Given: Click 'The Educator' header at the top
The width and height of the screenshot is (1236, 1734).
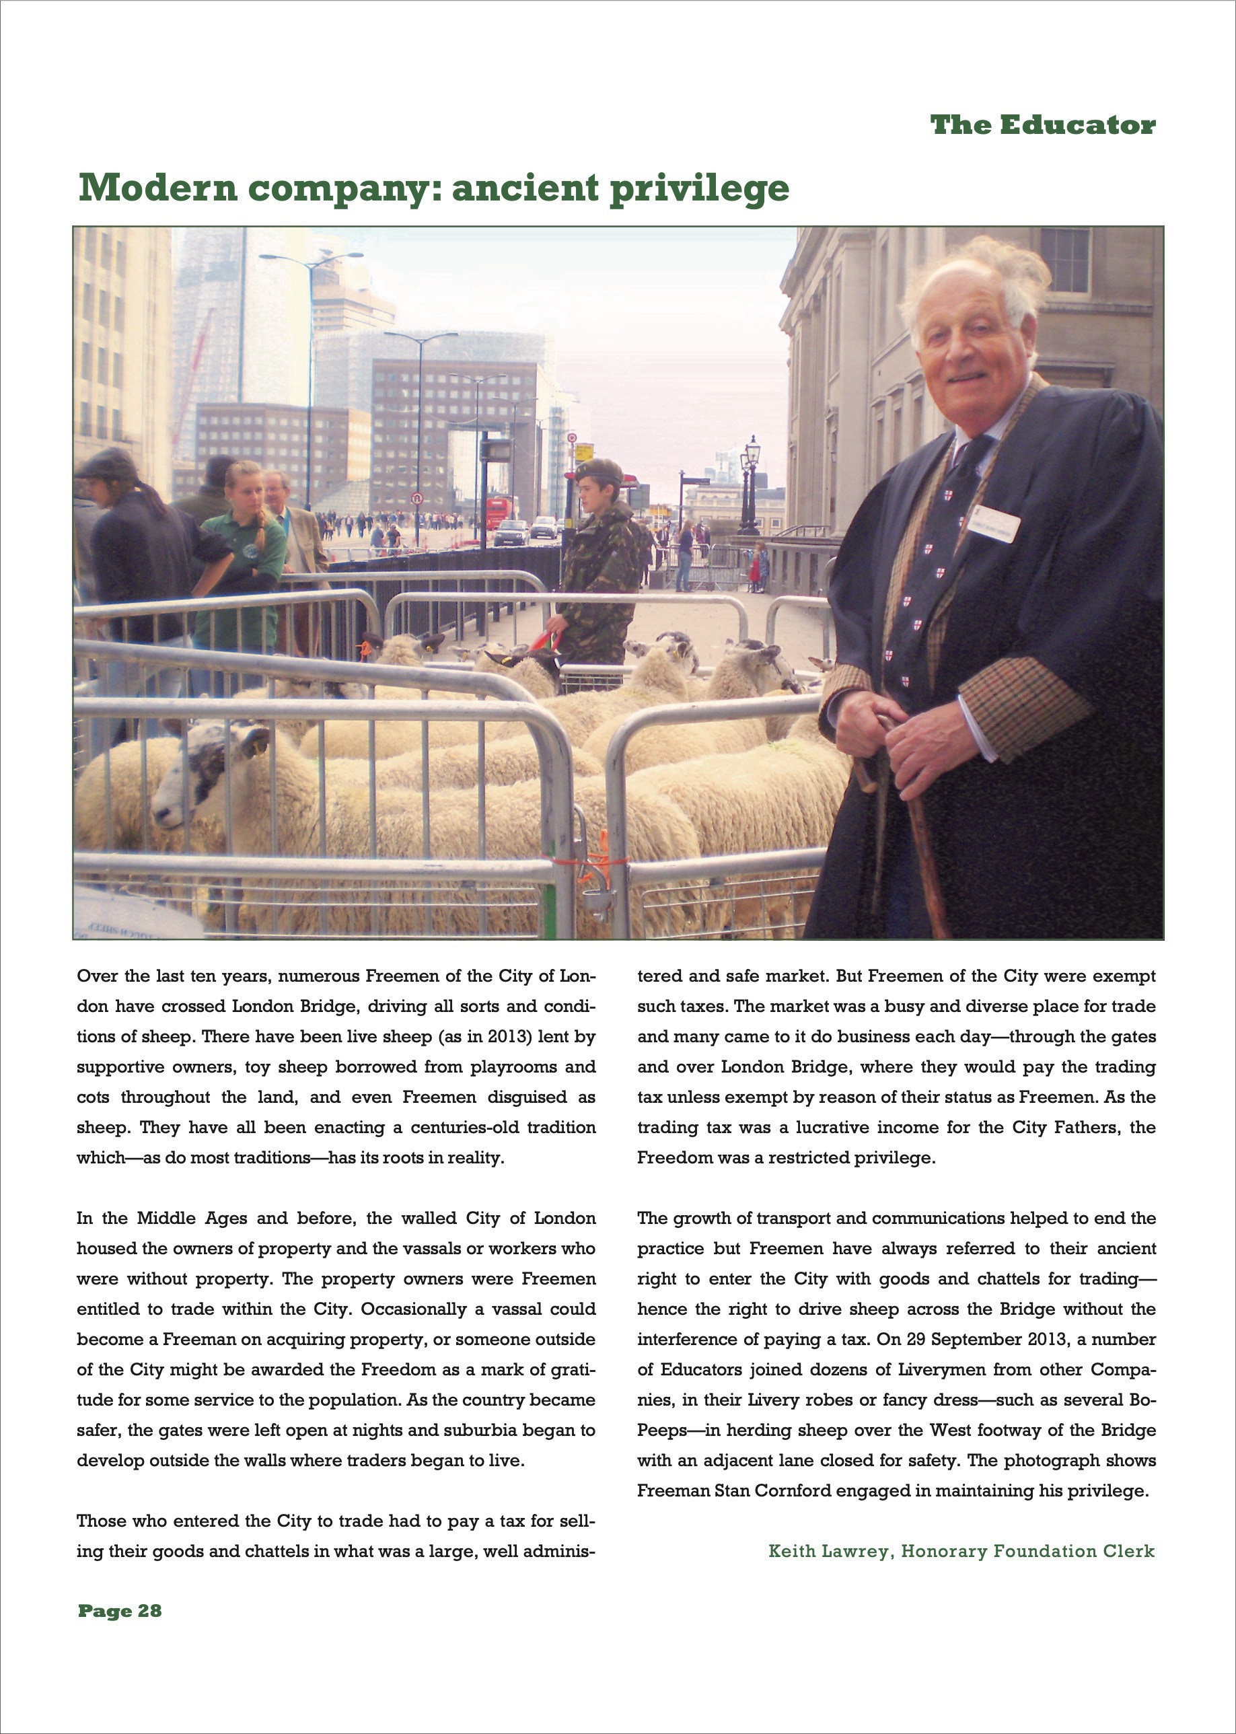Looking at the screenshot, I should click(1042, 125).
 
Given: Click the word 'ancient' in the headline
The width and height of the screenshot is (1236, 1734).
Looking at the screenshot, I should click(524, 188).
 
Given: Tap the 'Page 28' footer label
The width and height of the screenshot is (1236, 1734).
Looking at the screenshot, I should click(120, 1611).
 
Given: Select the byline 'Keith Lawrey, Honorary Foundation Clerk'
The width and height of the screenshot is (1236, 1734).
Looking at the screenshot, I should click(961, 1550).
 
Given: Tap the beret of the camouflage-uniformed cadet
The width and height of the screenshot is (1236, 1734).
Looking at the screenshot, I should click(598, 469).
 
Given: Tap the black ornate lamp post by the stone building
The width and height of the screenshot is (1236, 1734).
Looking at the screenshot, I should click(751, 487).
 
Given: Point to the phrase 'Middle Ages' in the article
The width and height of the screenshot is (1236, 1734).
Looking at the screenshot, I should click(192, 1218).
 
